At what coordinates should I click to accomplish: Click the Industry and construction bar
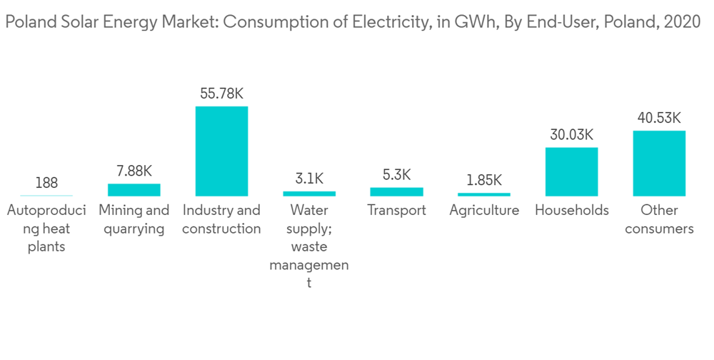222,151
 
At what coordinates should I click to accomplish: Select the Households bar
571,171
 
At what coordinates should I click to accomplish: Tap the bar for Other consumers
659,164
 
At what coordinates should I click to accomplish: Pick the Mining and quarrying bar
134,190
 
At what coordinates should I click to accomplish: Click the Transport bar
396,191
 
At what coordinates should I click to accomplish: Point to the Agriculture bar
484,194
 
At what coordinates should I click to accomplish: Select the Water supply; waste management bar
309,194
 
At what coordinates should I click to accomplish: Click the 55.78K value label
222,94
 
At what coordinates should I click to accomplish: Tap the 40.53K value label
659,118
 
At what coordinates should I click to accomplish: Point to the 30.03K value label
571,135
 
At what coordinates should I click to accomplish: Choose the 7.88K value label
134,171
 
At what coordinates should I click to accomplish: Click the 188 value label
46,183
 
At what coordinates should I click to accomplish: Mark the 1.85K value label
484,180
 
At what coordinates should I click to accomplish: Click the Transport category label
396,211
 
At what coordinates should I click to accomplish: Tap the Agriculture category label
484,211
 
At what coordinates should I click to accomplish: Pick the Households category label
571,211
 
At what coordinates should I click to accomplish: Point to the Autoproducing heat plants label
46,229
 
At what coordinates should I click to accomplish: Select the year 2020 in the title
683,22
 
